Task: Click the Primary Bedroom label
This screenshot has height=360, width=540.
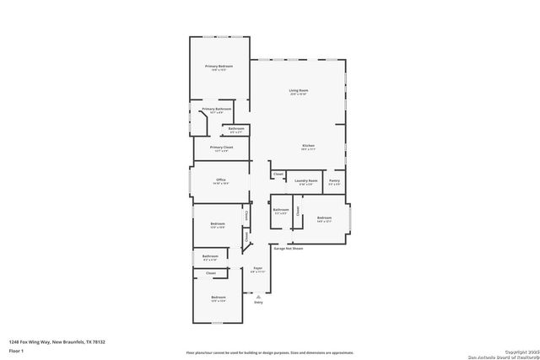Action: pyautogui.click(x=219, y=66)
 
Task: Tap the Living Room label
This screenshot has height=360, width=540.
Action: pyautogui.click(x=299, y=90)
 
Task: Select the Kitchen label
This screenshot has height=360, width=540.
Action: pyautogui.click(x=309, y=147)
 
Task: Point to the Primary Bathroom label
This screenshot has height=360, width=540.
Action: pyautogui.click(x=216, y=109)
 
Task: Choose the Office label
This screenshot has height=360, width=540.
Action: pyautogui.click(x=220, y=180)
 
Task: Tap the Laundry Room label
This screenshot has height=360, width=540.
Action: pyautogui.click(x=307, y=180)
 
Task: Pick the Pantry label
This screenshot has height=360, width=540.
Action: pyautogui.click(x=335, y=180)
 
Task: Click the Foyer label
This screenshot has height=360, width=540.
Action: pyautogui.click(x=258, y=268)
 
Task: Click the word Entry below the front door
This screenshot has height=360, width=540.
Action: pyautogui.click(x=259, y=302)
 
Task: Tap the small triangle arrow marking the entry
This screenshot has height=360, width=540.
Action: pyautogui.click(x=259, y=296)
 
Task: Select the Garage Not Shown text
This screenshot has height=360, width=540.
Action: pyautogui.click(x=287, y=249)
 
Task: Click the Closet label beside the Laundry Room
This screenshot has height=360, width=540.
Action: pyautogui.click(x=278, y=175)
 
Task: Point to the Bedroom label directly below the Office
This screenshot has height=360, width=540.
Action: pyautogui.click(x=217, y=223)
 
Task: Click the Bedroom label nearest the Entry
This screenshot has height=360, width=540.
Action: pyautogui.click(x=219, y=297)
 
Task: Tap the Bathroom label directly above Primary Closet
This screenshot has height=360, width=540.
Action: pyautogui.click(x=235, y=129)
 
